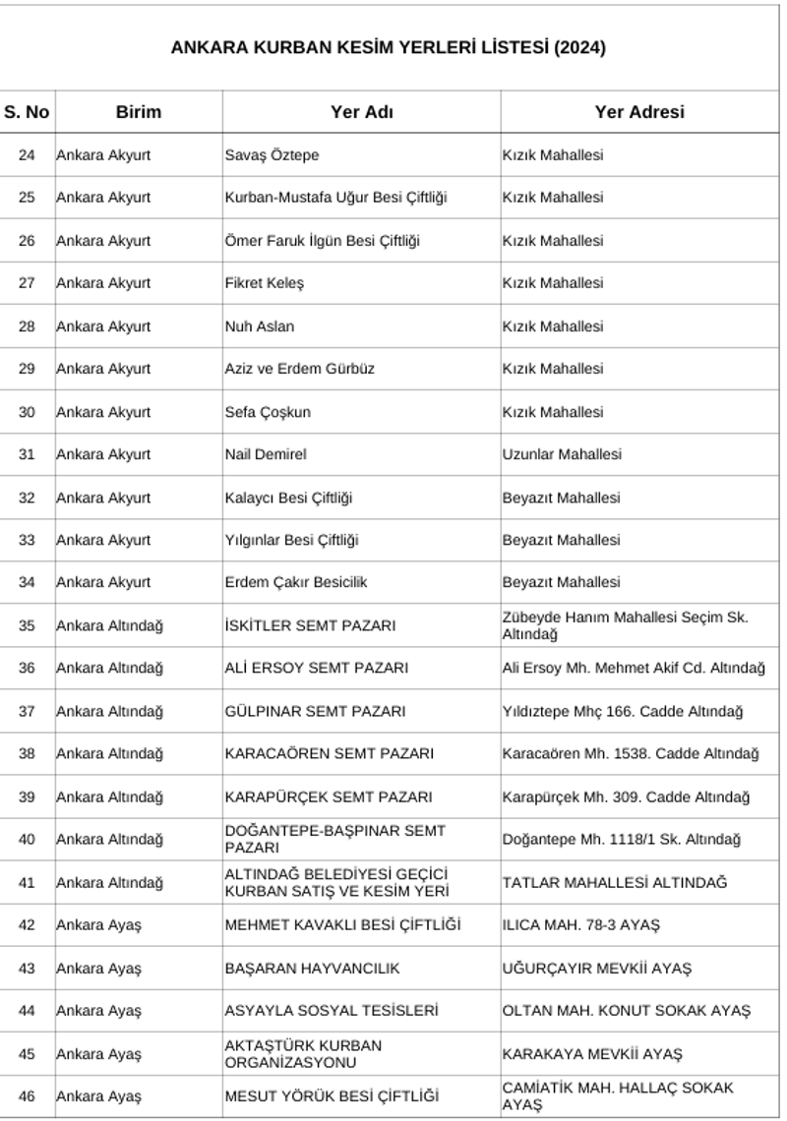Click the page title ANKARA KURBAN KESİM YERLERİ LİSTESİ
(389, 47)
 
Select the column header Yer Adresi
(638, 112)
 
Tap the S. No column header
(27, 112)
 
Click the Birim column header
(138, 112)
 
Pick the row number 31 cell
(27, 454)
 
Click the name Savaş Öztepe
(272, 155)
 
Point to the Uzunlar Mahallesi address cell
(562, 454)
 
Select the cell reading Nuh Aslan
(260, 326)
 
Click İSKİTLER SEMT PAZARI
(310, 625)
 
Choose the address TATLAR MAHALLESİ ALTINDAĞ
(615, 883)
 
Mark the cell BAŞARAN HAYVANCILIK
(312, 969)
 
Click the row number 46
(27, 1096)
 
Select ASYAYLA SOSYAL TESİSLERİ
(332, 1011)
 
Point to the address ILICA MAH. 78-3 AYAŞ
(580, 925)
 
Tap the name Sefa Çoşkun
(268, 412)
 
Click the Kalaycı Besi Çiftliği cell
(288, 498)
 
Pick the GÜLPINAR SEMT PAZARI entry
(315, 711)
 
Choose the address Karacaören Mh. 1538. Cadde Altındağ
(630, 754)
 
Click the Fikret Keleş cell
(265, 283)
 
